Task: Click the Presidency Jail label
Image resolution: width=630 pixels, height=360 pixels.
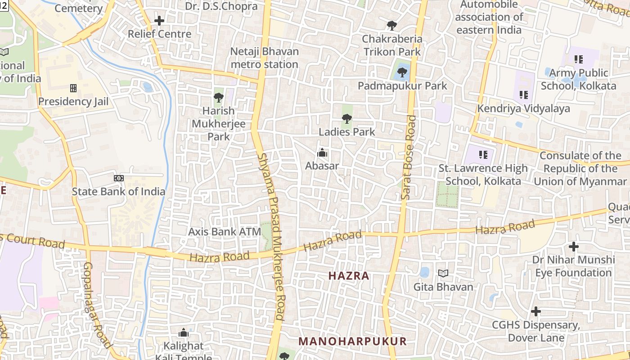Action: tap(73, 101)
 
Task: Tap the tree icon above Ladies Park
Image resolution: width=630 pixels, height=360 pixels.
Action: tap(346, 119)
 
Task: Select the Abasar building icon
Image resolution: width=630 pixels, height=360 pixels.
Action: tap(322, 153)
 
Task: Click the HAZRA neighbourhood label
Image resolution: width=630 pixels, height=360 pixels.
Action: tap(349, 276)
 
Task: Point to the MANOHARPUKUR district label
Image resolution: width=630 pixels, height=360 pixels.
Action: tap(352, 341)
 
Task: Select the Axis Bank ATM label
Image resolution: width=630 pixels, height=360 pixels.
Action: tap(225, 232)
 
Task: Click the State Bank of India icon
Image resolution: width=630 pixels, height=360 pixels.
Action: tap(119, 178)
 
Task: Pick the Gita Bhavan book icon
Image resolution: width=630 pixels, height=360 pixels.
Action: tap(443, 273)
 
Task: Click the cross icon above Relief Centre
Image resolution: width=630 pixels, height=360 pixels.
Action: tap(159, 21)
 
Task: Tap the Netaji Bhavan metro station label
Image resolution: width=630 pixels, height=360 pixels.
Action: tap(264, 58)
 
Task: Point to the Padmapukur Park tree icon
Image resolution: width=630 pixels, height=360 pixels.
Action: tap(402, 72)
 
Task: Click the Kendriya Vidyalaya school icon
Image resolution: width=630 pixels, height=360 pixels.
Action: tap(523, 95)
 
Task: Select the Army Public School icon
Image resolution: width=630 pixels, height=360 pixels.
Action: tap(579, 59)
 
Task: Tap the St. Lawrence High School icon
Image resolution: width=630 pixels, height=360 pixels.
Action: tap(483, 155)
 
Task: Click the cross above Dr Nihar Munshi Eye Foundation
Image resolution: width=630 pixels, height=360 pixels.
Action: tap(574, 247)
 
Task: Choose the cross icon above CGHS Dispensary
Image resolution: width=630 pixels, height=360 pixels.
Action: tap(535, 311)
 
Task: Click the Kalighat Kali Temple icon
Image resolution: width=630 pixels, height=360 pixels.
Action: tap(184, 333)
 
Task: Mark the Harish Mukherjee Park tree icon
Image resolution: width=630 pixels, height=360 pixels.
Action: tap(219, 97)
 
